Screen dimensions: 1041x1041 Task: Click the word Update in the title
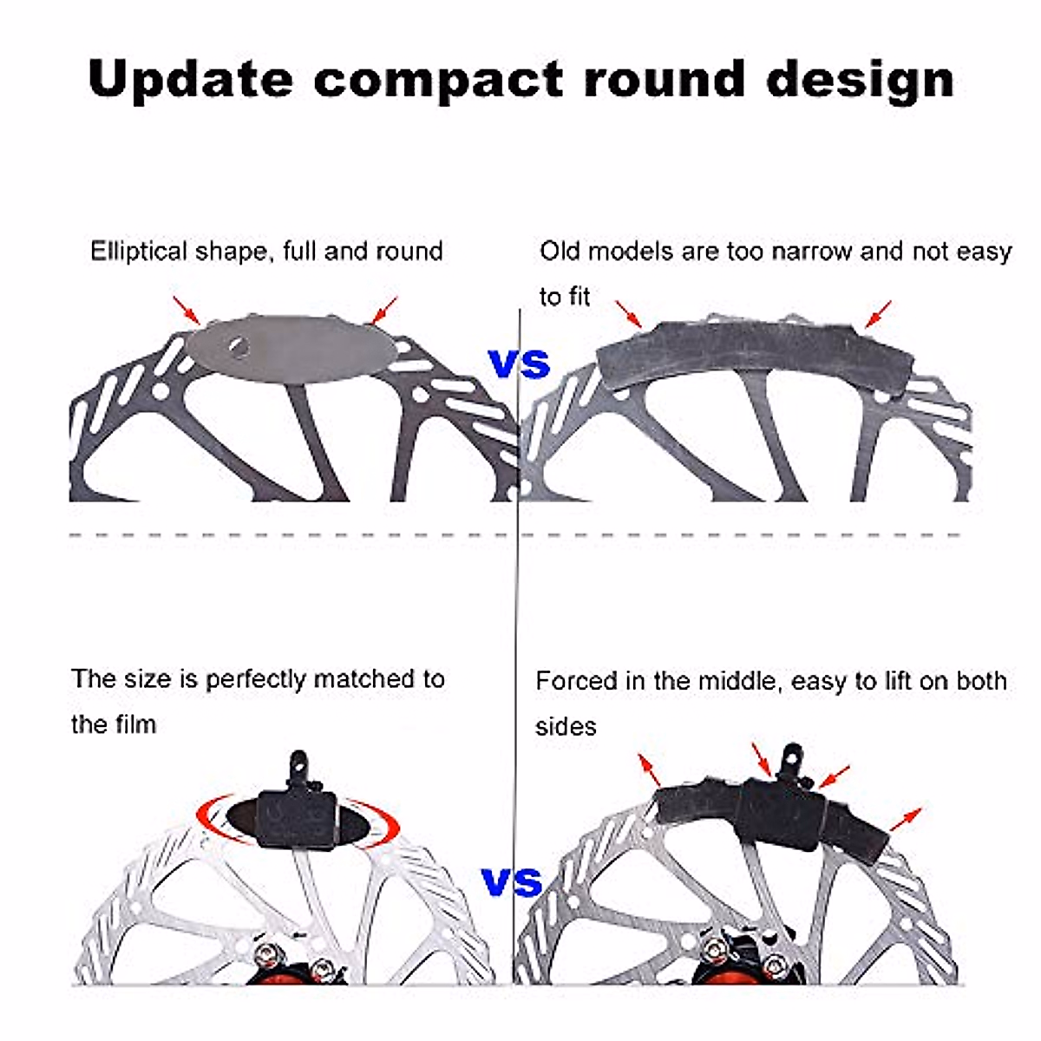click(190, 79)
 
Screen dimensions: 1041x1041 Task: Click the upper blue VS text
click(520, 363)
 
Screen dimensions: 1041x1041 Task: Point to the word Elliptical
click(139, 252)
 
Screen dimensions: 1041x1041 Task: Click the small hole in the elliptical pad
click(239, 348)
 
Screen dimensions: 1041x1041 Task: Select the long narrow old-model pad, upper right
click(755, 356)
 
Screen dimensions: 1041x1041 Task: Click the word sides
click(566, 726)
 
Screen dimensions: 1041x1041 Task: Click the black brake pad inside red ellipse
click(296, 816)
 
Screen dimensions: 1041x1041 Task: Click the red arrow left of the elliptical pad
click(187, 311)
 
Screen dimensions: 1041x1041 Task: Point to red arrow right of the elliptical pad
click(383, 311)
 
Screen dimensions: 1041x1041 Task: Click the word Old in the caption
click(560, 252)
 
